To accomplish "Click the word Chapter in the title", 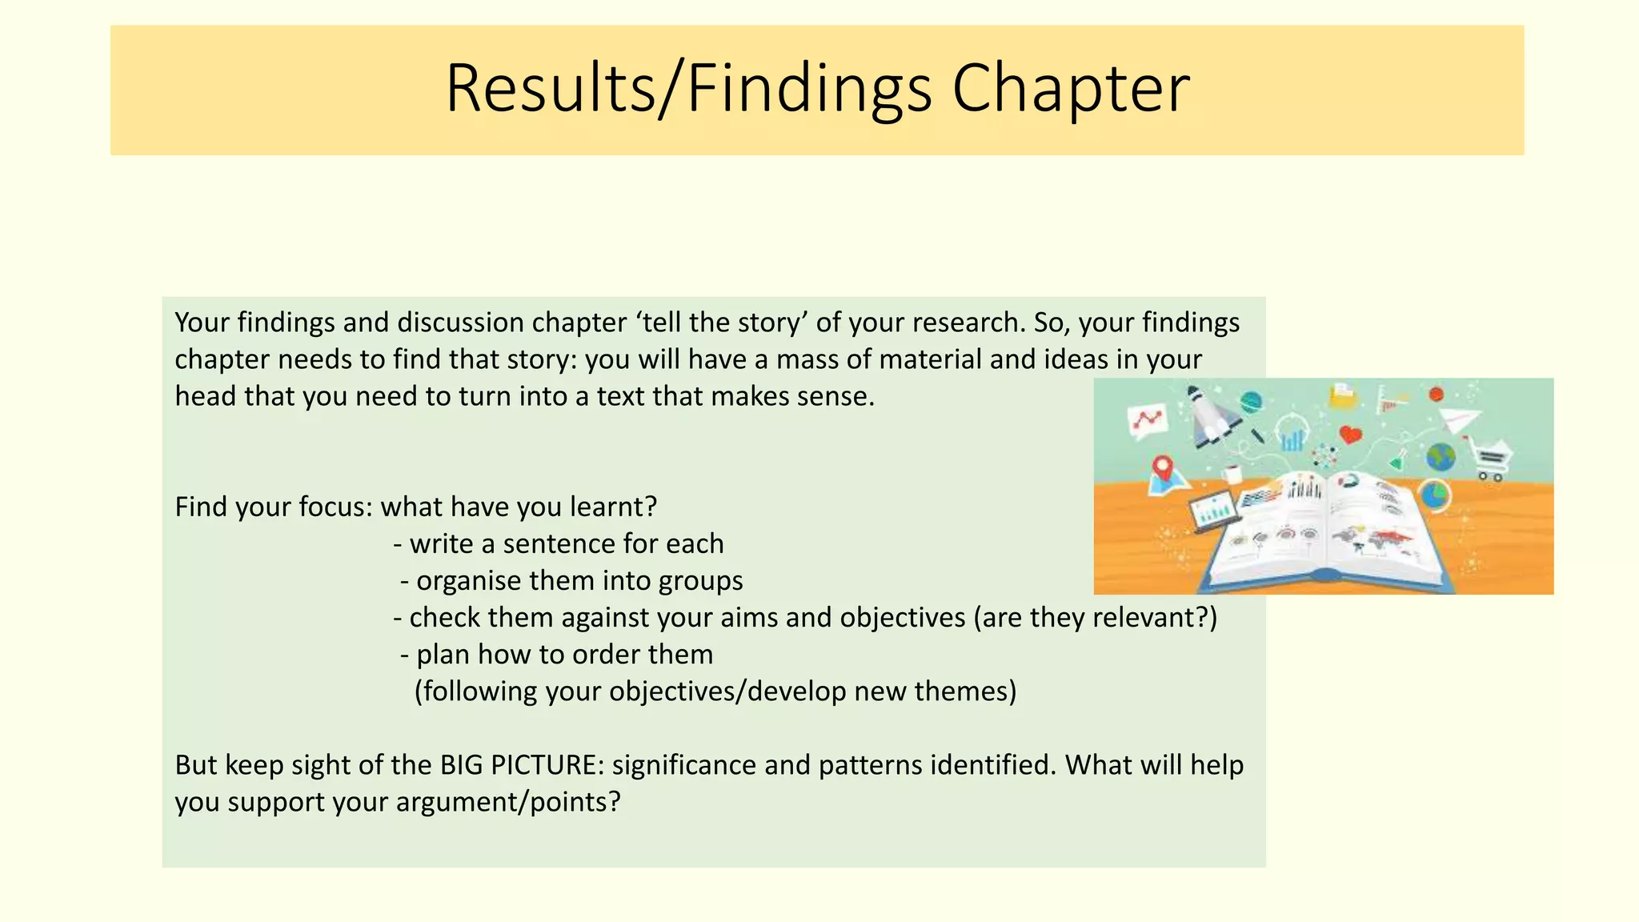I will (1070, 90).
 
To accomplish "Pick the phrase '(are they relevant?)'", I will (1095, 618).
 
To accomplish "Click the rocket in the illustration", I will (1210, 416).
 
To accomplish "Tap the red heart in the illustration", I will (1351, 435).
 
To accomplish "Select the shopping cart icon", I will (1491, 459).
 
